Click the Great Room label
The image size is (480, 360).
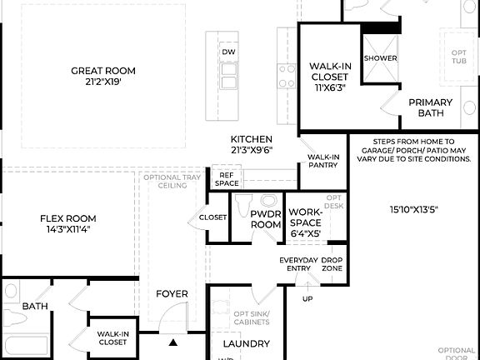[103, 77]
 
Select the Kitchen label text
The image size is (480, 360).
[252, 144]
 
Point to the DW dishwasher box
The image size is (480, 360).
[228, 52]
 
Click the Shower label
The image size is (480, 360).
[380, 58]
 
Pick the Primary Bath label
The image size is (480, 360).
[430, 107]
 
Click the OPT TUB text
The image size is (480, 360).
[458, 57]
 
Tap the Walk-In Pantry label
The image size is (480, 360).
[323, 161]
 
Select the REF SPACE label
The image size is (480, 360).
[227, 178]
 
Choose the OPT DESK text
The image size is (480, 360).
[333, 201]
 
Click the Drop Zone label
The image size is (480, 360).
[332, 264]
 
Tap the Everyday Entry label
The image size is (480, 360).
[297, 264]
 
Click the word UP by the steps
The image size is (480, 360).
[307, 298]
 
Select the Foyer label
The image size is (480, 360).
[172, 294]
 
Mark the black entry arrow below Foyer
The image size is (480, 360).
[173, 342]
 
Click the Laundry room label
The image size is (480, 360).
[247, 343]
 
